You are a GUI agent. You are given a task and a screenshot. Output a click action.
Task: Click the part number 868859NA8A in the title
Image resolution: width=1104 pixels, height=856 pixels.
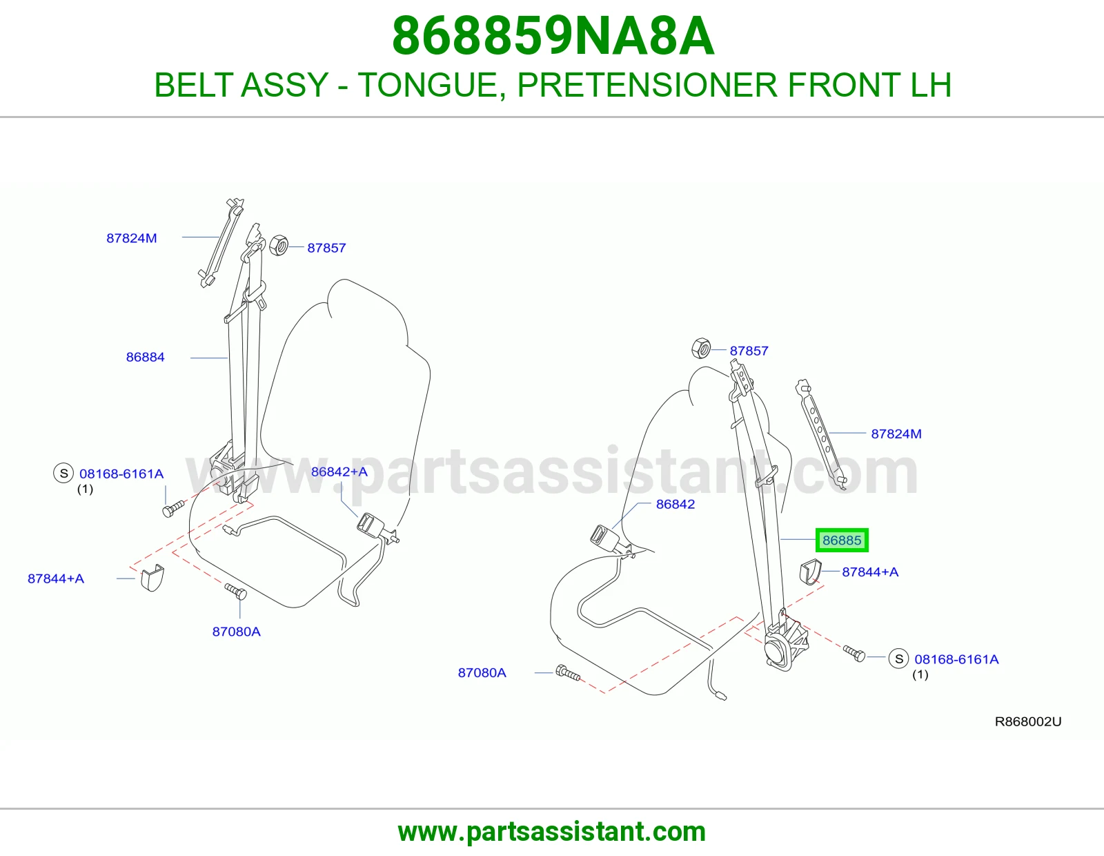click(x=553, y=37)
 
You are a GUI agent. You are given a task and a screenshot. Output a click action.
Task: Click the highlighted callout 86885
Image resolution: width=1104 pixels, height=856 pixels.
click(x=842, y=541)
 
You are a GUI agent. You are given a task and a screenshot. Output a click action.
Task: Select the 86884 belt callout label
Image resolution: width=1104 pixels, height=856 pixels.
click(x=146, y=358)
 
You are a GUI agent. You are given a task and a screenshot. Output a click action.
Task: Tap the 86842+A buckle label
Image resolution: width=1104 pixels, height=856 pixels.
click(x=339, y=471)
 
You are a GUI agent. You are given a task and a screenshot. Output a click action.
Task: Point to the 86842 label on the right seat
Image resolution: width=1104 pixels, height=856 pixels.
click(x=676, y=504)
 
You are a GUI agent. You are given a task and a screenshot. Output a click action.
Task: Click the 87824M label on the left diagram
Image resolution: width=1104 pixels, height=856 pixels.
click(x=132, y=238)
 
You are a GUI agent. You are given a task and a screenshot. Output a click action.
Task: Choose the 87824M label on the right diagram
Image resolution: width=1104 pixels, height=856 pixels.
click(x=896, y=434)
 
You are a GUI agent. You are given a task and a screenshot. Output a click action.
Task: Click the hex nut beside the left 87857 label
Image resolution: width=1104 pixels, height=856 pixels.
click(x=278, y=246)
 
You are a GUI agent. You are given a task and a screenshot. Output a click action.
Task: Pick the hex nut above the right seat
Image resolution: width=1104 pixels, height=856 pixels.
click(x=701, y=348)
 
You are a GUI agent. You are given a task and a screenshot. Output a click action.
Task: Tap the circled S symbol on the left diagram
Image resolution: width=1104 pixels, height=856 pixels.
click(x=63, y=474)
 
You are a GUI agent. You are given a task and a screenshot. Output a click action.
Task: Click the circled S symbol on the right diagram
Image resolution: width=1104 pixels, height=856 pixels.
click(x=899, y=659)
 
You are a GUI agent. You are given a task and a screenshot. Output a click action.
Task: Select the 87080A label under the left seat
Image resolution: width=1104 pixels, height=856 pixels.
click(x=236, y=632)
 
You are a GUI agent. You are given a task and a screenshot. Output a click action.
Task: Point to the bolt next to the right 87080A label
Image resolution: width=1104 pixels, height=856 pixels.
click(x=568, y=673)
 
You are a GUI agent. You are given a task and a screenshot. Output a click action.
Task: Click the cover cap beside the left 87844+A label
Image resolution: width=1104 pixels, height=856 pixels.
click(x=152, y=577)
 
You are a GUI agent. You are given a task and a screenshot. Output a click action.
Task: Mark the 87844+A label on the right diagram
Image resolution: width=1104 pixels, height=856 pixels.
click(x=870, y=572)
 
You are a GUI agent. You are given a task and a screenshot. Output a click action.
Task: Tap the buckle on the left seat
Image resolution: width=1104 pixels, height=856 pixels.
click(x=371, y=525)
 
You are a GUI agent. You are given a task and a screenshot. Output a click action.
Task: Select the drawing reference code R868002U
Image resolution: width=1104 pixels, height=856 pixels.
click(x=1028, y=722)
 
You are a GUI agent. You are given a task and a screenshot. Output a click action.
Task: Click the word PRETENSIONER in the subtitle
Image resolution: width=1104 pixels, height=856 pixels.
click(x=647, y=85)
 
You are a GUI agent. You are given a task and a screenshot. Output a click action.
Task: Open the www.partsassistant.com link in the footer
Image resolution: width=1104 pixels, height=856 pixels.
click(x=552, y=831)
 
